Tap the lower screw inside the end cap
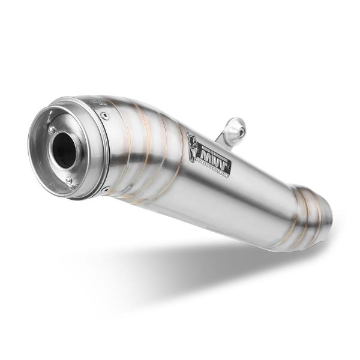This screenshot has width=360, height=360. [x=69, y=180]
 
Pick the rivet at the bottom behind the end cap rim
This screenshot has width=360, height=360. [x=106, y=190]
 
